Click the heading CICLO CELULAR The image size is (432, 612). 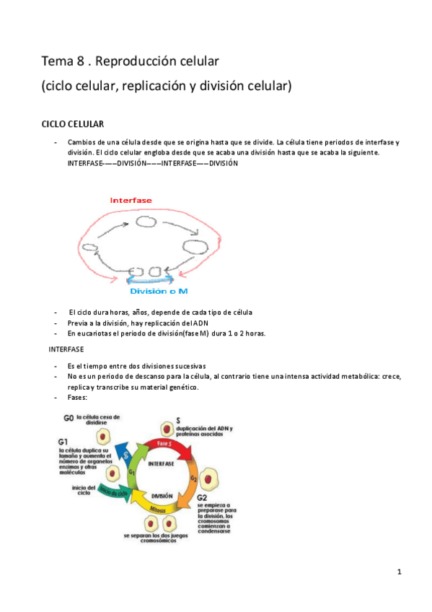tap(72, 124)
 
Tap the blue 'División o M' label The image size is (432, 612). tap(158, 291)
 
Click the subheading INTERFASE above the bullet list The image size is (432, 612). tap(66, 349)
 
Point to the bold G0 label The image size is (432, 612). tap(69, 418)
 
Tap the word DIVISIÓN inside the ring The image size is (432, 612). tap(162, 496)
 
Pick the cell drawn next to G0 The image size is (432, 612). tap(105, 437)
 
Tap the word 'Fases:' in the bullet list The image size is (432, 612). tap(79, 398)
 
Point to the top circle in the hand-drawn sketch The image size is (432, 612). tap(146, 222)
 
